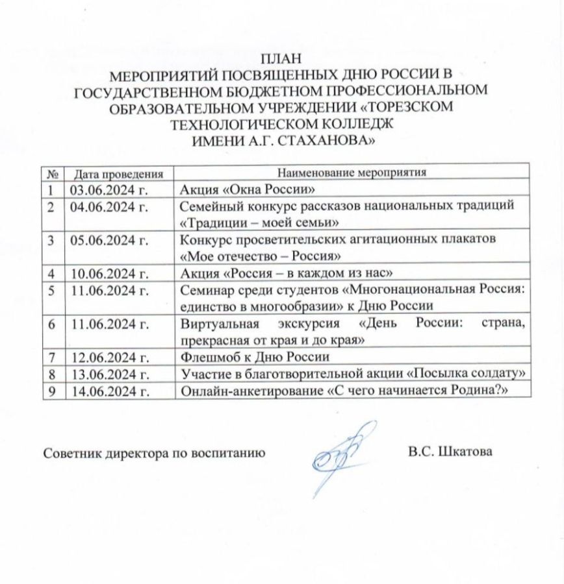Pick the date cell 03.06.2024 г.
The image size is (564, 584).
[x=105, y=189]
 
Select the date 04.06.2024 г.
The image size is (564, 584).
[x=105, y=206]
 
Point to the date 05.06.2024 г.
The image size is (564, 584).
[x=105, y=239]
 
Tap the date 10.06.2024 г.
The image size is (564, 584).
[x=105, y=272]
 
